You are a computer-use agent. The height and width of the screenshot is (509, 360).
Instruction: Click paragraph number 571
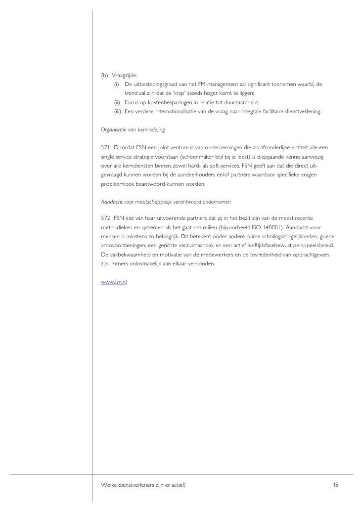coord(105,148)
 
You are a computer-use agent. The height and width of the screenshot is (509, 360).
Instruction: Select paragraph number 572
coord(105,217)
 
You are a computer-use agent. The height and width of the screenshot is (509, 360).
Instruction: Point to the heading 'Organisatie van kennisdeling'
coord(133,130)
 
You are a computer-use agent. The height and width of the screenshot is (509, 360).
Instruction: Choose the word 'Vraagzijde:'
coord(124,75)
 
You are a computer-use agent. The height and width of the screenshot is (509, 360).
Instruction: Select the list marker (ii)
coord(117,102)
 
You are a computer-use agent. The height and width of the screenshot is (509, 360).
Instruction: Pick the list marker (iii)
coord(118,112)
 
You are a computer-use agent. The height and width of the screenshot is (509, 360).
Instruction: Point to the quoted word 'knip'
coord(177,93)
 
